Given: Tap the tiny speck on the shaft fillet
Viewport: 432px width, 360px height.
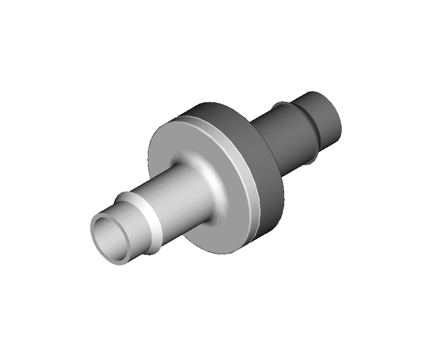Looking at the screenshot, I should click(209, 180).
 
